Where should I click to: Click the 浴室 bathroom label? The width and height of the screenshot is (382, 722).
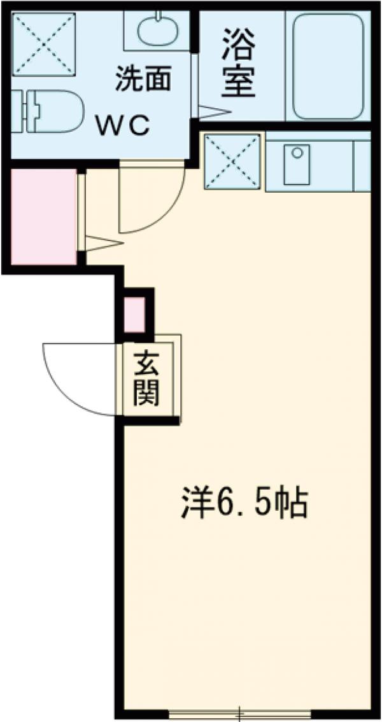coord(239,64)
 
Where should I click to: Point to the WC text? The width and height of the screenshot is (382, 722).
coord(123,125)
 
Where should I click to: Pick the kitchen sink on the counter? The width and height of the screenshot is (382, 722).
coord(297,163)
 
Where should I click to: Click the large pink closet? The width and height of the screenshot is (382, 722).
coord(40,216)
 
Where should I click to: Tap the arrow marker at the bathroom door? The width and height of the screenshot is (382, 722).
coord(213,111)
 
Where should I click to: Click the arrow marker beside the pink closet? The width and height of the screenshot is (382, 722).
coord(102,242)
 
